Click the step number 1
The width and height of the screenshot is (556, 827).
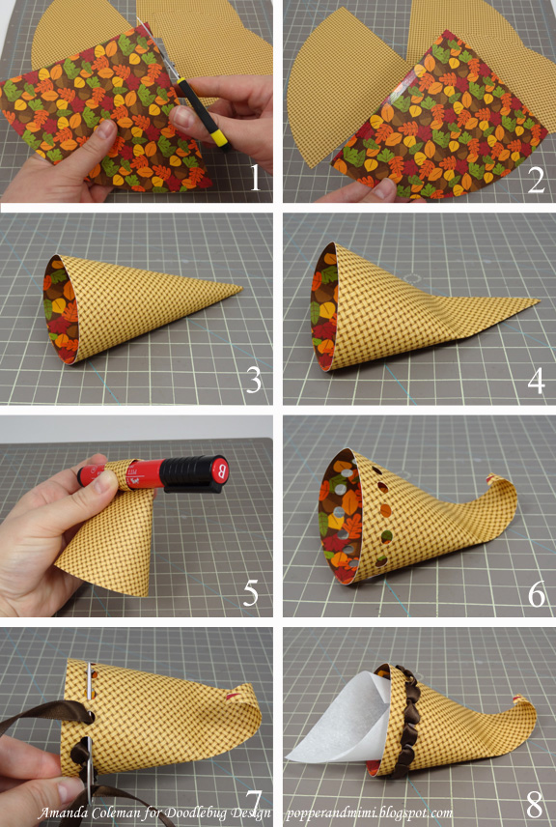click(255, 177)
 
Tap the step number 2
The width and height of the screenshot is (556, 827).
click(536, 180)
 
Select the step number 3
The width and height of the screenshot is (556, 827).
click(254, 381)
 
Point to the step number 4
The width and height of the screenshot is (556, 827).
click(536, 381)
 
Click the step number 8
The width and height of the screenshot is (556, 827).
click(535, 805)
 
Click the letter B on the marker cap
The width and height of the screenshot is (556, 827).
click(221, 469)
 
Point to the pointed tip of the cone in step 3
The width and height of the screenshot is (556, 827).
click(240, 288)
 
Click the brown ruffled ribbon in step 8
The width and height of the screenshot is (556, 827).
click(405, 720)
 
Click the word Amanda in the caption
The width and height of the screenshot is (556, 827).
click(61, 813)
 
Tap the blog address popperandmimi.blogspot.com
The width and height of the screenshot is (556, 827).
click(369, 813)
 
